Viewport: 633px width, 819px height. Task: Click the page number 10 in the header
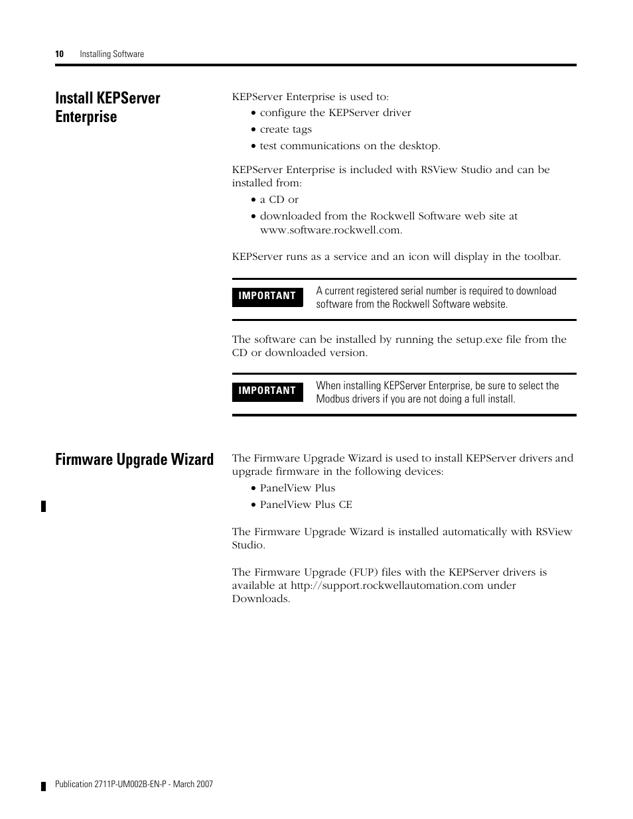[59, 54]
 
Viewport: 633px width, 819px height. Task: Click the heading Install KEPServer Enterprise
[107, 107]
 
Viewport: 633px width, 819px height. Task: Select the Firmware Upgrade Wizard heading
[135, 460]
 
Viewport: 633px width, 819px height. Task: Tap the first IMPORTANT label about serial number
[267, 296]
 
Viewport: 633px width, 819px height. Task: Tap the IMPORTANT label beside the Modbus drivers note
[267, 391]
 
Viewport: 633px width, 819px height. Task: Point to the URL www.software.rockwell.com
[330, 230]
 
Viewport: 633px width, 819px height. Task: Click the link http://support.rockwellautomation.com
[387, 586]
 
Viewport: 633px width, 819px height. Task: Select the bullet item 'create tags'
[285, 129]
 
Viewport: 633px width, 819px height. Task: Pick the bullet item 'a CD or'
[279, 200]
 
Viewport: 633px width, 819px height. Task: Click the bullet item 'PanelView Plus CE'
[306, 505]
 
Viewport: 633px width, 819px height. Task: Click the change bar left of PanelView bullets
[44, 507]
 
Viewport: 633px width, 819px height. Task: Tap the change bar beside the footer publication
[44, 786]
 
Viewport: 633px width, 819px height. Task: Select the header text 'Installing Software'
[111, 54]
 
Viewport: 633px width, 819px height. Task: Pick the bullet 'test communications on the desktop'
[350, 146]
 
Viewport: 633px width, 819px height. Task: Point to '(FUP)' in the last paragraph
[364, 572]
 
